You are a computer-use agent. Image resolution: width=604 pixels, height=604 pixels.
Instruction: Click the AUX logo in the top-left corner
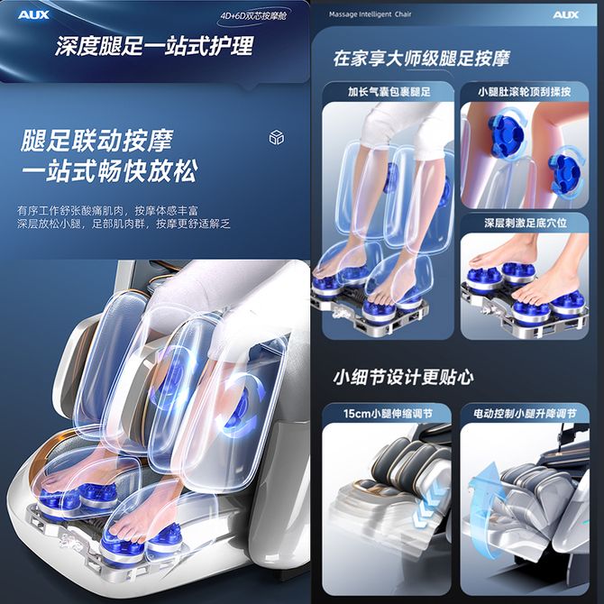point(33,15)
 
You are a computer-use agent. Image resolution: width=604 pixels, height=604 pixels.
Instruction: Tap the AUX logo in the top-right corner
point(565,14)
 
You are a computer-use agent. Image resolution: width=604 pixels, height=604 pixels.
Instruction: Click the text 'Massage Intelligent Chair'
point(370,14)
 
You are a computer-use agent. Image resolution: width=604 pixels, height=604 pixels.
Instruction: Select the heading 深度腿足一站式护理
point(154,46)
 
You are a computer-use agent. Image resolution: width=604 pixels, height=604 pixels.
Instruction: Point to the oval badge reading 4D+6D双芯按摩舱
point(253,16)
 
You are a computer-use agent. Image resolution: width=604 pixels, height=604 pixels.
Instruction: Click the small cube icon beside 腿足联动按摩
point(276,137)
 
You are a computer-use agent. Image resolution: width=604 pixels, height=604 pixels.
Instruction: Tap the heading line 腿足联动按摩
point(96,141)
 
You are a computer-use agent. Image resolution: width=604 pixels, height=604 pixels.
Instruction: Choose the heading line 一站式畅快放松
point(110,170)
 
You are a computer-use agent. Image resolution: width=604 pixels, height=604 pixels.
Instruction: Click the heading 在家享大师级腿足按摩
point(421,59)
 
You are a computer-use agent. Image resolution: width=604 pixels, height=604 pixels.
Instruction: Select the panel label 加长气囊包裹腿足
point(389,92)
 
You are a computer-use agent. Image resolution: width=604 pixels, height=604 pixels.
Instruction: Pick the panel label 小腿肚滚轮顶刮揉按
point(525,92)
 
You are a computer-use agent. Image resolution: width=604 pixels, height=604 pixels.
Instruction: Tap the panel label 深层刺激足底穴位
point(526,223)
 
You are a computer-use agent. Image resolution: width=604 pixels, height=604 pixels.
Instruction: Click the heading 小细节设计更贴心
point(403,377)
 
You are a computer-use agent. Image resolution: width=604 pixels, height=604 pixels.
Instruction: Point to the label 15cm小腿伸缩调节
point(389,414)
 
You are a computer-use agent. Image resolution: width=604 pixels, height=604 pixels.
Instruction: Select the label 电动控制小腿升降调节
point(525,414)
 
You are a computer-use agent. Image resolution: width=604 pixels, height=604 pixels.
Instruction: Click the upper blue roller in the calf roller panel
point(506,133)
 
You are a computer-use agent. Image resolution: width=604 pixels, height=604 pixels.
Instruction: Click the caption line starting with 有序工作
point(107,211)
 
